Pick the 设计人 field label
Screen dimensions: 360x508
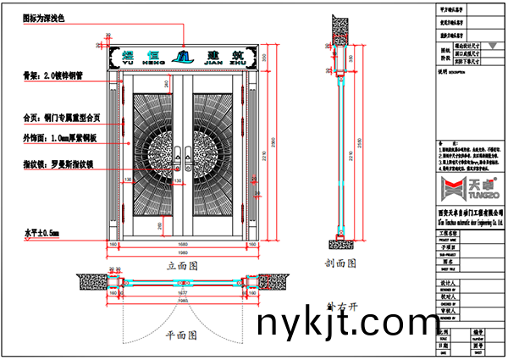pos(446,284)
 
